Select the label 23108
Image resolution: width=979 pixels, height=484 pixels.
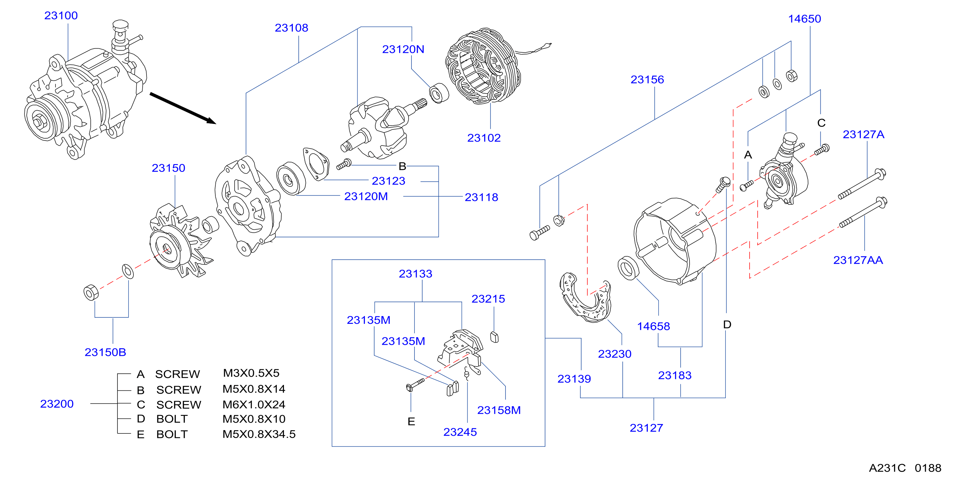tap(291, 28)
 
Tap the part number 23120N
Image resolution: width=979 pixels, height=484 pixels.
tap(403, 49)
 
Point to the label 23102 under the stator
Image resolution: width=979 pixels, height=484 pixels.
tap(484, 138)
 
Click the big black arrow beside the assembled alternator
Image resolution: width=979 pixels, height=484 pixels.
tap(183, 108)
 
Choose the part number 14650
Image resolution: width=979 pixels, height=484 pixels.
tap(804, 19)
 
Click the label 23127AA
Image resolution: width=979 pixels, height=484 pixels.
tap(858, 260)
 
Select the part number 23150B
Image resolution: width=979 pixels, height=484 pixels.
tap(105, 352)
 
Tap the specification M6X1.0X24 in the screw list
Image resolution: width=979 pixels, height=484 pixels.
tap(254, 405)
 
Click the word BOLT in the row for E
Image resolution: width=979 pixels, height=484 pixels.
tap(172, 434)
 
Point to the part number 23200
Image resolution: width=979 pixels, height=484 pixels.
tap(57, 404)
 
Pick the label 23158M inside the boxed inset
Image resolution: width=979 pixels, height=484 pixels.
tap(499, 410)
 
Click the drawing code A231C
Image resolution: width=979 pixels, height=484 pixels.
tap(887, 468)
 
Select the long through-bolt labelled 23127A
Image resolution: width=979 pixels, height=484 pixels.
tap(862, 184)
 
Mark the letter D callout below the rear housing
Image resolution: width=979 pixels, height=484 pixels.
tap(727, 325)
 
